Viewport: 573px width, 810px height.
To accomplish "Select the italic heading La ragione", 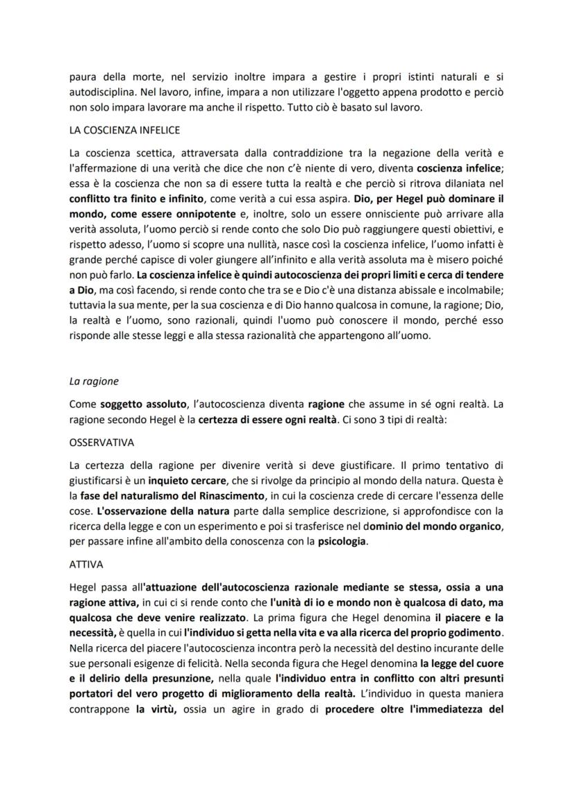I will pos(94,380).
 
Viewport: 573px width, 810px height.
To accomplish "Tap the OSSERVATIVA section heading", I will pos(102,441).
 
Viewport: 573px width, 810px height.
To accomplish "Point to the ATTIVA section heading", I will pos(86,564).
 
